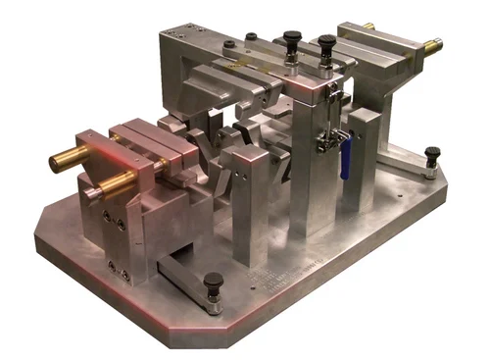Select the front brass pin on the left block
[115, 181]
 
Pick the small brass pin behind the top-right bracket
[367, 26]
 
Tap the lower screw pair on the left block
[117, 266]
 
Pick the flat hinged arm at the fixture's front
[186, 280]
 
